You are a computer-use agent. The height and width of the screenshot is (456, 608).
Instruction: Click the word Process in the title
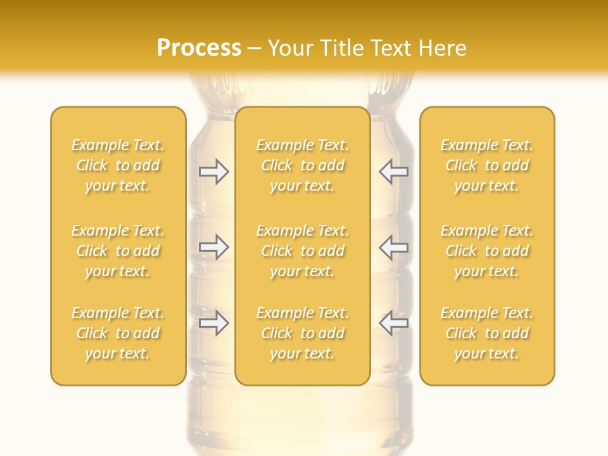199,48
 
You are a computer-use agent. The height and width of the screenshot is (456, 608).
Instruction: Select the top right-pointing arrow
214,172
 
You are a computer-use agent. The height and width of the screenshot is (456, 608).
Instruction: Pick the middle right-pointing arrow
214,247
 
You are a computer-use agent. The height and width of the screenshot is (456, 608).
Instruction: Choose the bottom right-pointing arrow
214,323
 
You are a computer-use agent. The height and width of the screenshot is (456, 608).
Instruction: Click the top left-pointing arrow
393,172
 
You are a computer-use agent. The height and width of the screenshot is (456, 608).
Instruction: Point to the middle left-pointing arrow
393,247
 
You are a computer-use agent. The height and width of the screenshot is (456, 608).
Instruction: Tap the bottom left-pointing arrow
393,323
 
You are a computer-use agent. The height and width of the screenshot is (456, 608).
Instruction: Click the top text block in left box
118,165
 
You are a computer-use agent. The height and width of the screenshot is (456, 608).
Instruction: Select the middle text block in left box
118,251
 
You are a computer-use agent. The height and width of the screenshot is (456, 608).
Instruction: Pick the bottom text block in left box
118,333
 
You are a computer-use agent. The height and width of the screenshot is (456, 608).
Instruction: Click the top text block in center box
303,165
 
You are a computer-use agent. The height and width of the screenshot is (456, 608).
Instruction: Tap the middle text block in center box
303,251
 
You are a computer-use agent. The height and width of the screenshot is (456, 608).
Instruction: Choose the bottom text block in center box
303,333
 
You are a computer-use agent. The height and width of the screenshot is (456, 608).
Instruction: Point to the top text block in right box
487,165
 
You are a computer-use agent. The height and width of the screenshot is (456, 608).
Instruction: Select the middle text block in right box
487,251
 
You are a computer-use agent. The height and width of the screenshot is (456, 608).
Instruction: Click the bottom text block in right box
487,333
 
